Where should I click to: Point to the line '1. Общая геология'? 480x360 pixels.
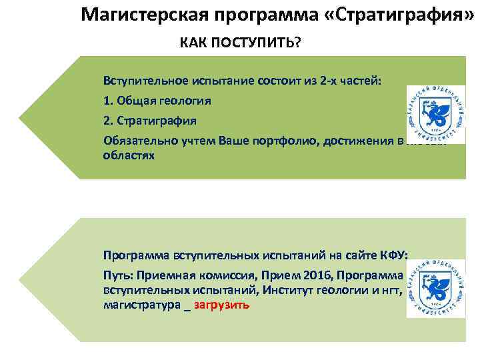(x=157, y=101)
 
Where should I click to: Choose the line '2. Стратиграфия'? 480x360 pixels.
(x=150, y=121)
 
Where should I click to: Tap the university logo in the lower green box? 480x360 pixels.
(x=435, y=288)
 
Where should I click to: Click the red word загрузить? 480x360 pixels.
(x=222, y=305)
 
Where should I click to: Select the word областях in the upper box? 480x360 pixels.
(x=129, y=155)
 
